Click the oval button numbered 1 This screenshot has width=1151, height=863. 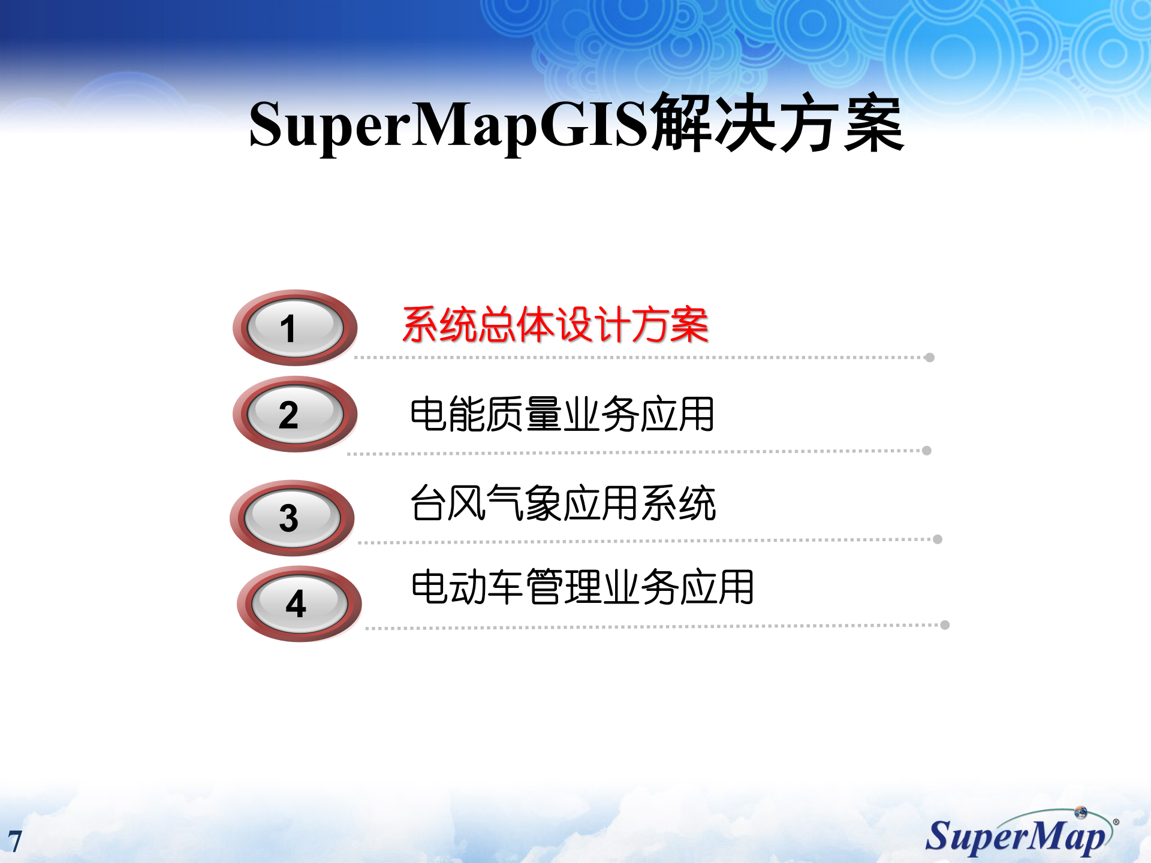pyautogui.click(x=295, y=328)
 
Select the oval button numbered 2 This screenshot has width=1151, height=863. pyautogui.click(x=295, y=414)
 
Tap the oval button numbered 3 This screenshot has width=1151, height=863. pyautogui.click(x=292, y=518)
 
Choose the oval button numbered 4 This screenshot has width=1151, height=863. pyautogui.click(x=299, y=604)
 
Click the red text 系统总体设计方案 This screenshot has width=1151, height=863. pyautogui.click(x=555, y=325)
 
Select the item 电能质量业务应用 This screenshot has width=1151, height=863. pyautogui.click(x=562, y=414)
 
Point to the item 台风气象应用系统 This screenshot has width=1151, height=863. pyautogui.click(x=563, y=503)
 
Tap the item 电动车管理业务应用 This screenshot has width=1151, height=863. pyautogui.click(x=582, y=587)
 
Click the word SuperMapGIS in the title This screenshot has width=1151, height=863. pyautogui.click(x=448, y=125)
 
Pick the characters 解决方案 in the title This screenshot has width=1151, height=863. pyautogui.click(x=778, y=123)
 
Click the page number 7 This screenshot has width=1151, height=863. pyautogui.click(x=15, y=841)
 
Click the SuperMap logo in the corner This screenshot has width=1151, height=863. pyautogui.click(x=1019, y=834)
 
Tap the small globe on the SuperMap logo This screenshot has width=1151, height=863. pyautogui.click(x=1081, y=813)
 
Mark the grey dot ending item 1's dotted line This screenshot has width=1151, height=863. pyautogui.click(x=930, y=358)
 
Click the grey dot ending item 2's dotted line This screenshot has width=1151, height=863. pyautogui.click(x=927, y=451)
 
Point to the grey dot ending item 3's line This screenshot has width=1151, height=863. pyautogui.click(x=938, y=539)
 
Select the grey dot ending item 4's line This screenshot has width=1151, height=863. pyautogui.click(x=945, y=625)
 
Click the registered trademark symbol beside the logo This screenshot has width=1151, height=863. pyautogui.click(x=1116, y=822)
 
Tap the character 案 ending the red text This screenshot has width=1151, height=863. pyautogui.click(x=690, y=325)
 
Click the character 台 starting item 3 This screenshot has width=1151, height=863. pyautogui.click(x=428, y=503)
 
